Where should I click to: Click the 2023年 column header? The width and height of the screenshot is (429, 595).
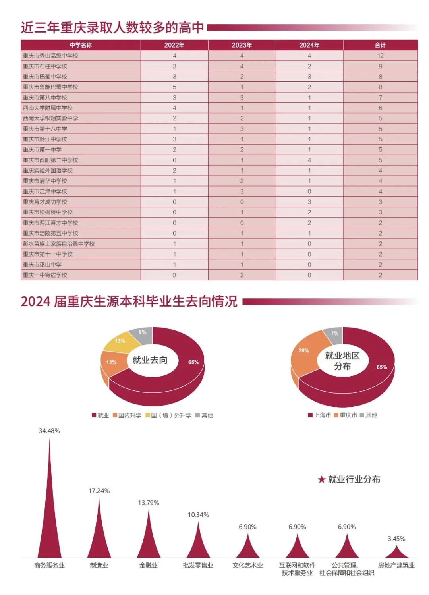pos(242,45)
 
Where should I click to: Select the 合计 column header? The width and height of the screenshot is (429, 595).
pos(380,45)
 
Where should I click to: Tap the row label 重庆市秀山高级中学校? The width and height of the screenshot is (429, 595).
pos(50,56)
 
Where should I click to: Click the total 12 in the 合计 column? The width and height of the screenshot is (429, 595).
pos(380,56)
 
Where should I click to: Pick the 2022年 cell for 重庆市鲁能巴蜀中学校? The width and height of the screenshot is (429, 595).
pos(174,87)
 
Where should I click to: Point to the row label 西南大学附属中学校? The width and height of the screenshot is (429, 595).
pos(48,108)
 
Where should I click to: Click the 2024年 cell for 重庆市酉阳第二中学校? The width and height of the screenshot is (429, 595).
pos(309,160)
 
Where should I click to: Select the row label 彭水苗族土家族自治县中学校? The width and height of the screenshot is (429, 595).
pos(59,243)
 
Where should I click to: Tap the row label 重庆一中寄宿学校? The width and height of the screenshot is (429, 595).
pos(45,275)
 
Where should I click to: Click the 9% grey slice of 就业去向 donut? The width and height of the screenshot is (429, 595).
pos(143,334)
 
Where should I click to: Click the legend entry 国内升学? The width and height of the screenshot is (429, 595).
pos(127,415)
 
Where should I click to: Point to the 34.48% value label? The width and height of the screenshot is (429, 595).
pos(49,431)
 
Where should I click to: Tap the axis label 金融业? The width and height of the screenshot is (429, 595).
pos(149,565)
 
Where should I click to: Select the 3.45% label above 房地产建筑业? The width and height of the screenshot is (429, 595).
pos(396,539)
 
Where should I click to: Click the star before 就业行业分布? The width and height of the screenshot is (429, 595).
pos(321,479)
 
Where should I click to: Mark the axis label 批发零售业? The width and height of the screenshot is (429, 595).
pos(198,565)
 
